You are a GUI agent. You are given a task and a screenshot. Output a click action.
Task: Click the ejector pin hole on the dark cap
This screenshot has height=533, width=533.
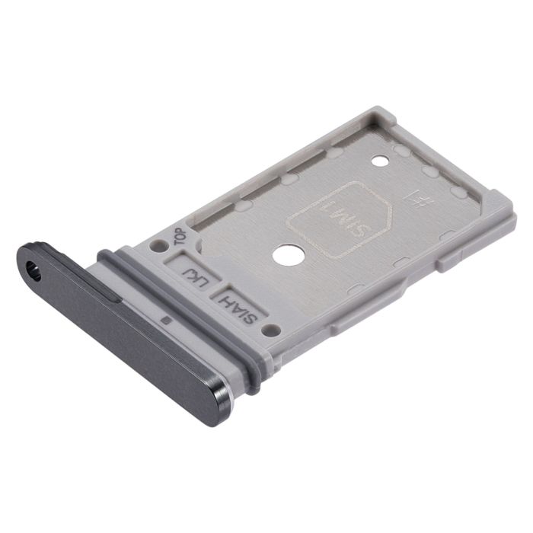click(33, 268)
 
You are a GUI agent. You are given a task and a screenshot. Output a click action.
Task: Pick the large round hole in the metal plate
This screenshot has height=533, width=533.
click(286, 254)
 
